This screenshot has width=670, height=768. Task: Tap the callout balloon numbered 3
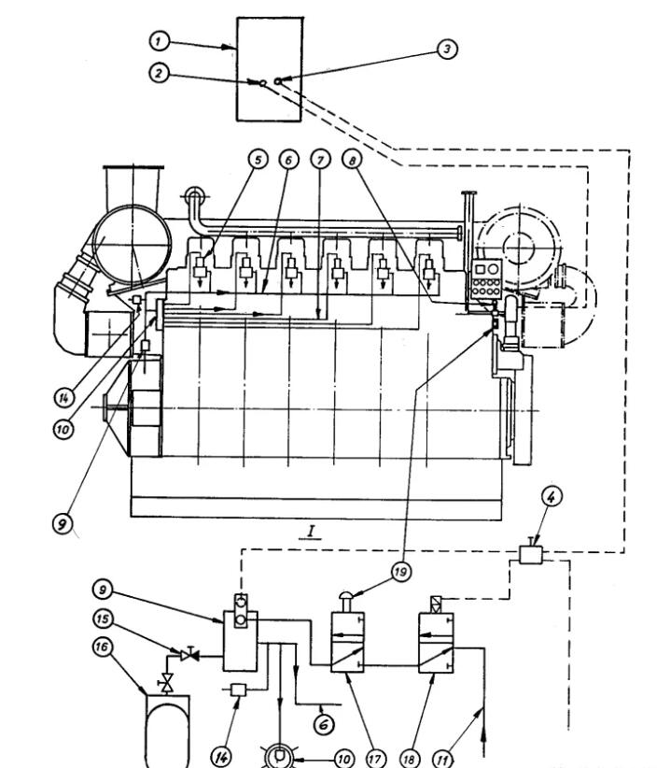(449, 50)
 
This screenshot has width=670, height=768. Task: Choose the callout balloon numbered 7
(320, 160)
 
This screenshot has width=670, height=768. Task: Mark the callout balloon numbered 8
(350, 160)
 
